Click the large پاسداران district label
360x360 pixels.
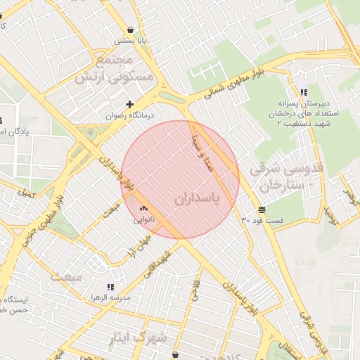tap(196, 200)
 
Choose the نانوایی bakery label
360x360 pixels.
tap(145, 219)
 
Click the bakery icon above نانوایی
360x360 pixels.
tap(145, 209)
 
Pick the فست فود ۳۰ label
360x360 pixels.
tap(262, 220)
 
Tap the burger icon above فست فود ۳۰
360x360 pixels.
tap(262, 210)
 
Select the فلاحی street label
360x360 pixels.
tap(195, 290)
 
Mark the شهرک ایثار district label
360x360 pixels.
tap(138, 338)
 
